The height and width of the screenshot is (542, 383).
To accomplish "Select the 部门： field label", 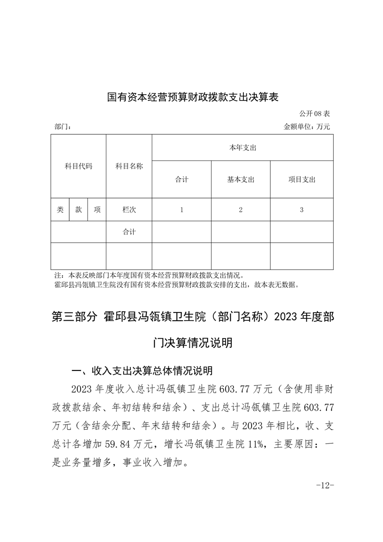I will (x=63, y=127).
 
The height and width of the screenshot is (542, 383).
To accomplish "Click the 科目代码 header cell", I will (x=78, y=166).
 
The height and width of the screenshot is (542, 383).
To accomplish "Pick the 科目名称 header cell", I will (x=129, y=166).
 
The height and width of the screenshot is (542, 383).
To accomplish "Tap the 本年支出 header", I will (x=242, y=148).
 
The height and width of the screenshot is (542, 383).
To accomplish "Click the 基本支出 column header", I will (x=241, y=179).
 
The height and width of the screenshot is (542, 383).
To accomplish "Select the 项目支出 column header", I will (x=302, y=179).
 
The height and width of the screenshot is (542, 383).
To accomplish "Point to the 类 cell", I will (x=60, y=210).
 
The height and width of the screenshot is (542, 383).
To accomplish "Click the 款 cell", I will (x=78, y=210).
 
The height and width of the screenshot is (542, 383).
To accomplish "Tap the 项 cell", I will (x=97, y=210).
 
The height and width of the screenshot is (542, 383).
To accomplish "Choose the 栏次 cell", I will (x=129, y=210).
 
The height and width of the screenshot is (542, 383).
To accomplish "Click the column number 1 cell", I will (x=182, y=210).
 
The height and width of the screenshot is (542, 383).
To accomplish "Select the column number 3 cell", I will (x=302, y=210).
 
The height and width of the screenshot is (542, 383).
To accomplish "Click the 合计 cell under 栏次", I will (x=129, y=232).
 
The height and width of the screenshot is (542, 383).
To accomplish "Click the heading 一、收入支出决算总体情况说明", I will (x=142, y=371).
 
